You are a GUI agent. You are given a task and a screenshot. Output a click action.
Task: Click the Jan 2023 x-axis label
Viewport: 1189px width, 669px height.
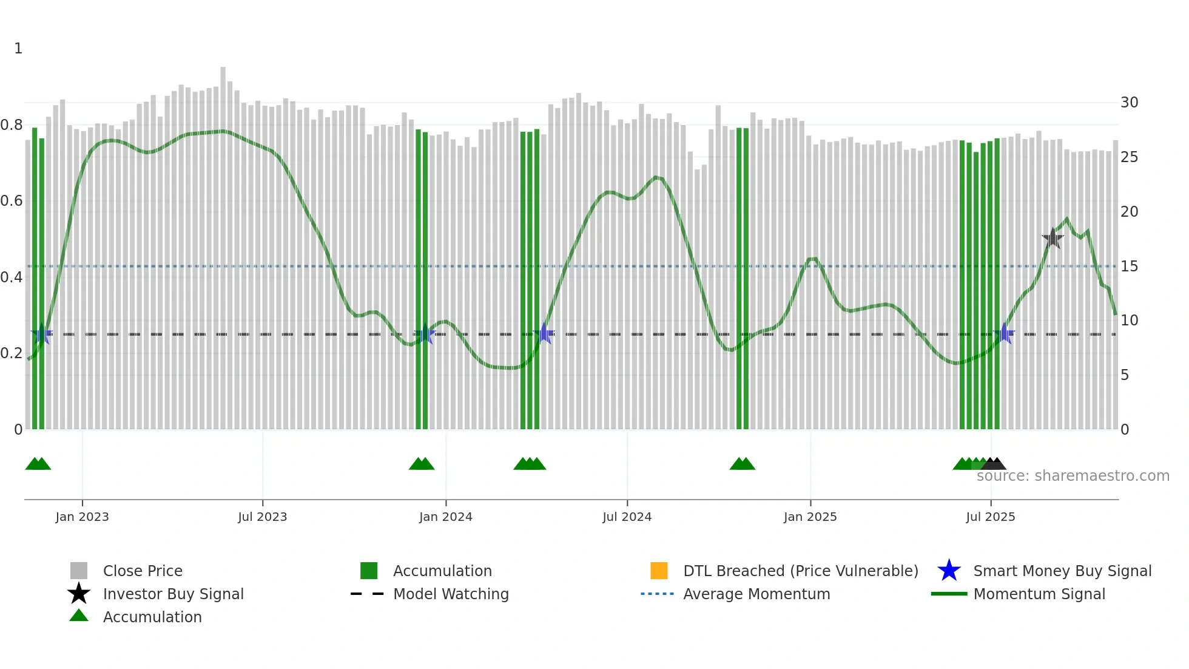point(82,517)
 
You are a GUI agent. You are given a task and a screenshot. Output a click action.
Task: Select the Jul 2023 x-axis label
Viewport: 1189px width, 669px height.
point(262,517)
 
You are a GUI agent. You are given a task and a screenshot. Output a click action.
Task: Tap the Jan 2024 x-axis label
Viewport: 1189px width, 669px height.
point(445,517)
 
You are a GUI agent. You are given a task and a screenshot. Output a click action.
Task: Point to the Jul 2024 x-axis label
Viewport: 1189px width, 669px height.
point(627,517)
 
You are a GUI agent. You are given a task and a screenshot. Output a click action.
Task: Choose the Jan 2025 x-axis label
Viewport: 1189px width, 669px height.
point(810,517)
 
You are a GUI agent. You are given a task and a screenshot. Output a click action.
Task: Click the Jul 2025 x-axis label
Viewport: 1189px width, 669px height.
point(990,517)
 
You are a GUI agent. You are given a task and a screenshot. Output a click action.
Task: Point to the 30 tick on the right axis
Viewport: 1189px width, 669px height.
point(1129,103)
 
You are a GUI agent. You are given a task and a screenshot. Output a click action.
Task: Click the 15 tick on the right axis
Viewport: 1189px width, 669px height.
point(1129,267)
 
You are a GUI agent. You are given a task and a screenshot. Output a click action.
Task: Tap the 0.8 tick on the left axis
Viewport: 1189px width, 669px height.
point(12,125)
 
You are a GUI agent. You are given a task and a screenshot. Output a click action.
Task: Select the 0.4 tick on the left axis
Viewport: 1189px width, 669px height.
point(12,277)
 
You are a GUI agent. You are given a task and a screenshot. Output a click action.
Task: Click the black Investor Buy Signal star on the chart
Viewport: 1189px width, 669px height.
point(1053,239)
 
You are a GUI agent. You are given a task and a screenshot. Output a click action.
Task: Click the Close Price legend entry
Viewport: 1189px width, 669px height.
point(143,571)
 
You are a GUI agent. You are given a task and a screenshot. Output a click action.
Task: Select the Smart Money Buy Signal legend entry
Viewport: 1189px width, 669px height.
point(1062,571)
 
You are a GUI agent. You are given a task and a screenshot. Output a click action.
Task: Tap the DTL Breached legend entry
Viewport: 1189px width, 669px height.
point(800,571)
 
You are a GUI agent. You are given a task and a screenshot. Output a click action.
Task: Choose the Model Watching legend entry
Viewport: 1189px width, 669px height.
point(451,594)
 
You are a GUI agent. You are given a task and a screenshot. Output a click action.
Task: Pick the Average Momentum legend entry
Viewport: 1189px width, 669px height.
point(756,594)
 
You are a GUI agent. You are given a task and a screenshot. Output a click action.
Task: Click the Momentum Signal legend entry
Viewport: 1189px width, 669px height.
point(1039,594)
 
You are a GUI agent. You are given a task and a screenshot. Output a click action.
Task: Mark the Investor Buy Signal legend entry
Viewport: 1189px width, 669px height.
point(173,594)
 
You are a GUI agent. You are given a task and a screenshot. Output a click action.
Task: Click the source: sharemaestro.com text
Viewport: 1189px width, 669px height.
point(1073,476)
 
